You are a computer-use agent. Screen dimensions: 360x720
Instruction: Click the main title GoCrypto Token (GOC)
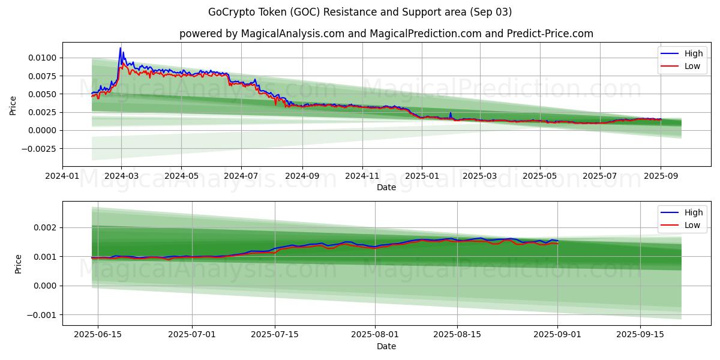tap(359, 12)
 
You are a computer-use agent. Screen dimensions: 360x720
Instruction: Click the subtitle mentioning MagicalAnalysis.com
tap(386, 34)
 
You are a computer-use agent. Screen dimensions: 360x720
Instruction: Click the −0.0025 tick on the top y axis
tap(40, 148)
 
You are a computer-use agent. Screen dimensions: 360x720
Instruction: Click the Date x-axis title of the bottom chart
tap(386, 346)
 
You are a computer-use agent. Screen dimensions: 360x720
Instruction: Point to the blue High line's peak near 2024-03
tap(121, 48)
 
